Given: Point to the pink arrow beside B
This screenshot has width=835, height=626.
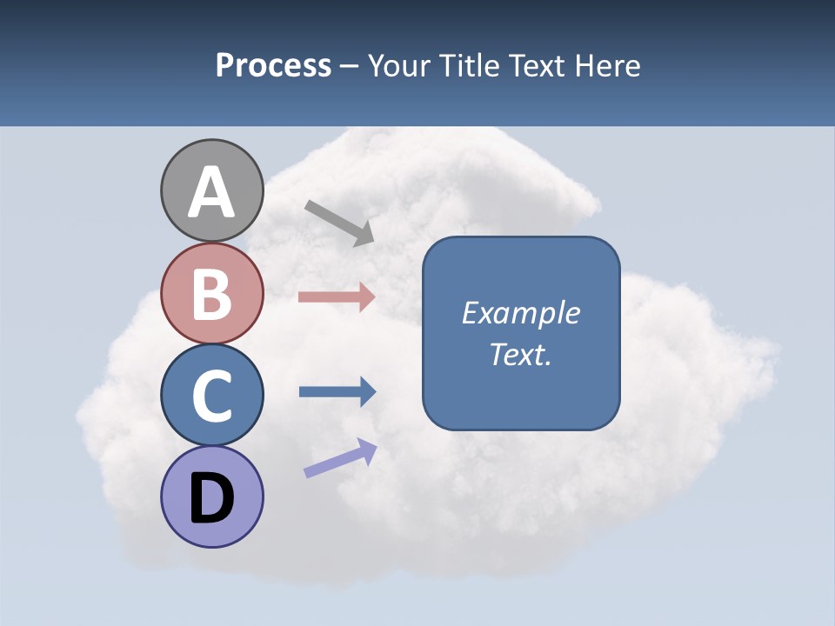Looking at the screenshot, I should pyautogui.click(x=337, y=296).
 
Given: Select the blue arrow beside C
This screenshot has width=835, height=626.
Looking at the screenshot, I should pyautogui.click(x=337, y=391).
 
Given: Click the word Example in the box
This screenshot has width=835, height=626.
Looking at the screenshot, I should pyautogui.click(x=521, y=313).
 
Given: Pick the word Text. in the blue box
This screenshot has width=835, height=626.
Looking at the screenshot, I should pyautogui.click(x=521, y=354).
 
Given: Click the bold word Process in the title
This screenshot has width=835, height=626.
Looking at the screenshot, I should pyautogui.click(x=273, y=65).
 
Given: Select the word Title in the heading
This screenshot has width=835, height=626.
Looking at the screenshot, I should pyautogui.click(x=469, y=65).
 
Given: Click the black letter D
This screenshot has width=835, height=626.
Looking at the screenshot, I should pyautogui.click(x=211, y=498).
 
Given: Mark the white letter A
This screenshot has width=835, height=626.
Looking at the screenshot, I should pyautogui.click(x=211, y=193).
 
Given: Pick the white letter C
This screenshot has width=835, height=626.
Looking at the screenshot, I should pyautogui.click(x=211, y=396).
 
